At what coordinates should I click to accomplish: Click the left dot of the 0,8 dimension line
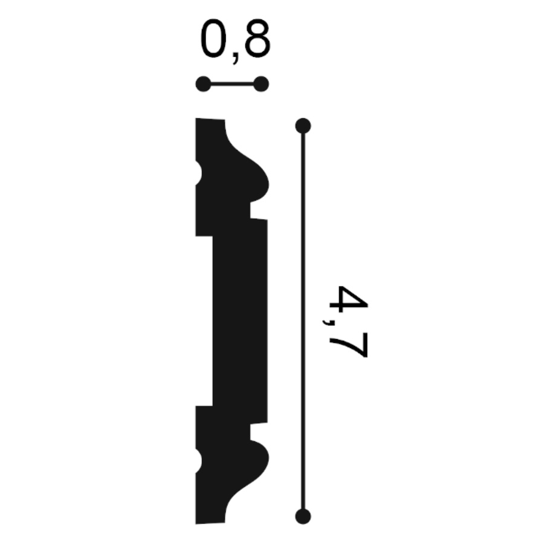[x=204, y=85]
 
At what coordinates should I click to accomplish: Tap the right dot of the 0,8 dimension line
[x=261, y=85]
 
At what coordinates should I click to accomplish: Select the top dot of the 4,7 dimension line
[x=303, y=126]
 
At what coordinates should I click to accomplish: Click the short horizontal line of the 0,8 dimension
[x=232, y=85]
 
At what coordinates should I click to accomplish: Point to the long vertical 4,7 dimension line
[x=303, y=320]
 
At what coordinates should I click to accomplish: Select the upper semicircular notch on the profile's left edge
[x=199, y=173]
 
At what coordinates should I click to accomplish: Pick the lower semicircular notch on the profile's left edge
[x=199, y=461]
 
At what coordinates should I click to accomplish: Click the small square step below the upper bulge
[x=259, y=211]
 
